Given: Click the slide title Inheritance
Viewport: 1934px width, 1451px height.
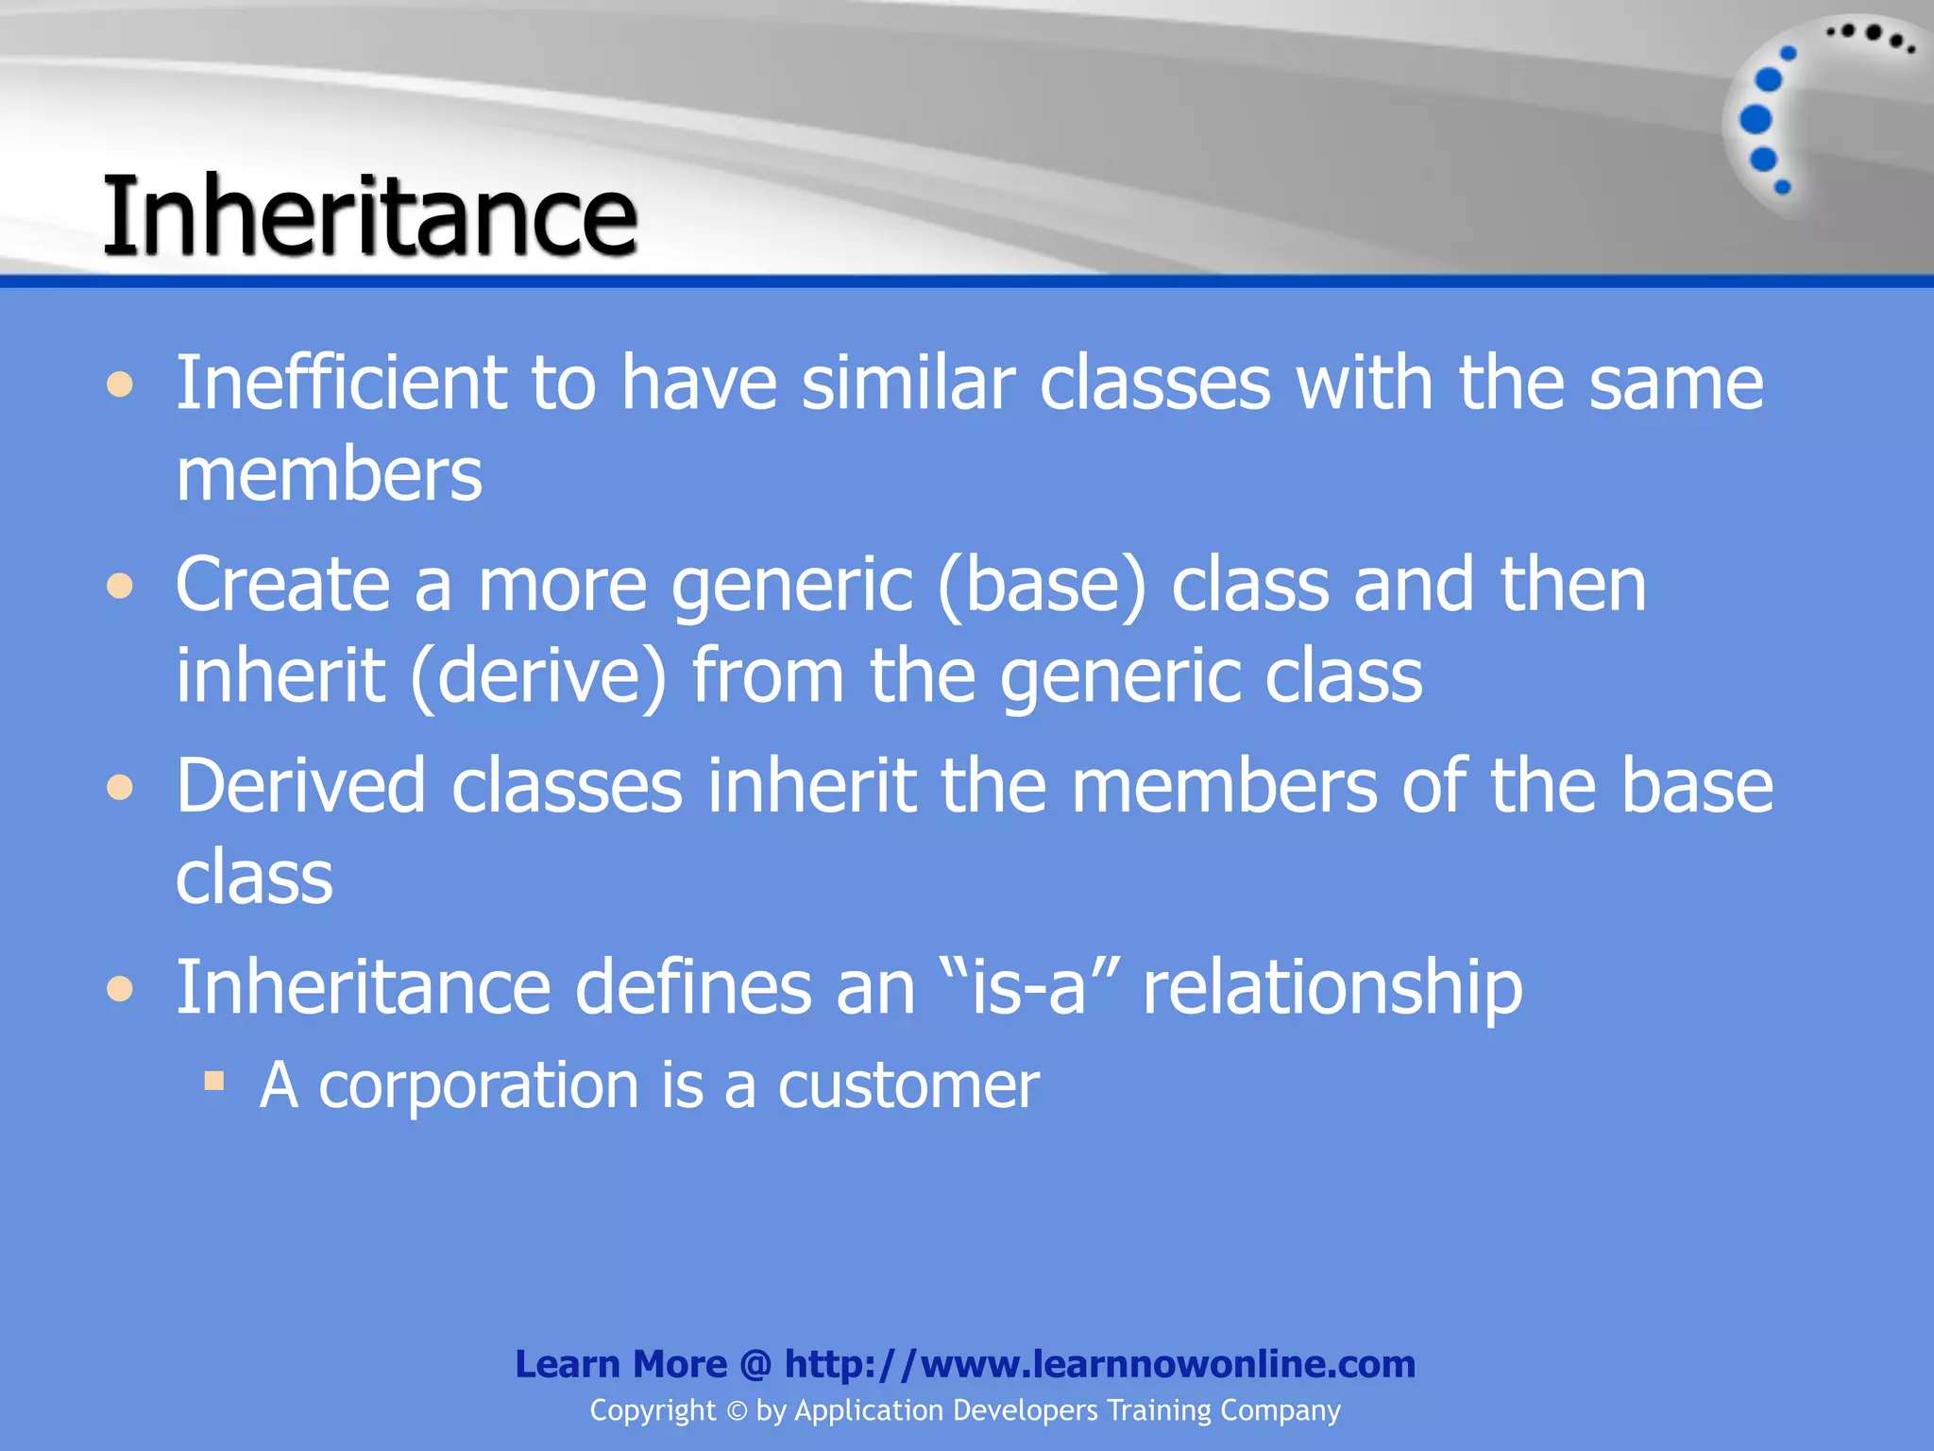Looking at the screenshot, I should pos(370,215).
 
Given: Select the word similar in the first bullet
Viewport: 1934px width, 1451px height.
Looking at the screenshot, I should pos(908,383).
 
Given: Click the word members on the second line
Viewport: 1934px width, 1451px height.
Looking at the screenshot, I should pos(329,474).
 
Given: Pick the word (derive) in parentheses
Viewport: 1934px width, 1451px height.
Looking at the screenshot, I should pos(538,676).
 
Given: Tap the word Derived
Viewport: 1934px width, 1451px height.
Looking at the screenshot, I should pos(300,786).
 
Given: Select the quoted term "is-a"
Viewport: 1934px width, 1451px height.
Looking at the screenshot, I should pos(1030,987).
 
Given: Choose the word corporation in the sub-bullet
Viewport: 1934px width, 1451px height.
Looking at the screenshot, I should pos(479,1085).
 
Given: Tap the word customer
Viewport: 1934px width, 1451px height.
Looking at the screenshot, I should pos(908,1085).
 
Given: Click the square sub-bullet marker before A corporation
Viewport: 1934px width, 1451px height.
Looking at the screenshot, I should pos(214,1080).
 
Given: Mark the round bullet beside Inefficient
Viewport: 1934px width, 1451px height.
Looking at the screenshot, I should pos(120,384).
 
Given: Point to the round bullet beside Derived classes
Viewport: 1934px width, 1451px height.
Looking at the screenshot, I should pos(120,787).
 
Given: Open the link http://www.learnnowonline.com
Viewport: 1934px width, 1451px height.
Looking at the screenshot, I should pos(1100,1364).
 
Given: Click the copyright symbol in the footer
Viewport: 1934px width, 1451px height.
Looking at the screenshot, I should pos(737,1411).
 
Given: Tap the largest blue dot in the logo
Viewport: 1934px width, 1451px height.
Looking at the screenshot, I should pos(1756,120).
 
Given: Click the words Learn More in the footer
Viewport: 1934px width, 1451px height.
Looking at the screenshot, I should pos(620,1364).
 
